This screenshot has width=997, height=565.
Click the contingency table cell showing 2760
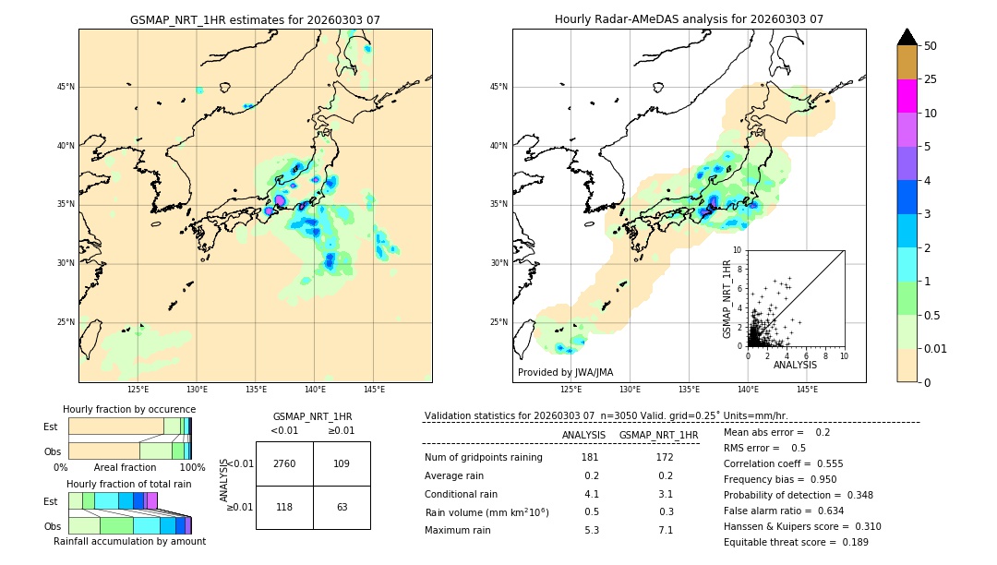284,463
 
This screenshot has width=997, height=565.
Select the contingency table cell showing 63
342,507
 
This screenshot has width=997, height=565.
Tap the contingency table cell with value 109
342,463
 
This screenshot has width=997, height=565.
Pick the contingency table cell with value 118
284,507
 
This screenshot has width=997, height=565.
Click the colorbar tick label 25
931,79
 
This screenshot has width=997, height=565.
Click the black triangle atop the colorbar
907,37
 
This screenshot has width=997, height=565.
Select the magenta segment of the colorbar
907,96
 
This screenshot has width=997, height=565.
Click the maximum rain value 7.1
665,530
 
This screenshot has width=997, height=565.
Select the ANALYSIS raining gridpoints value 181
590,458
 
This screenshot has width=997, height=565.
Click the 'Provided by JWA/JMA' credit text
565,373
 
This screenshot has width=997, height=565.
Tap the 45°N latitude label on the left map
66,87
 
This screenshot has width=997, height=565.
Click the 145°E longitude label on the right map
807,390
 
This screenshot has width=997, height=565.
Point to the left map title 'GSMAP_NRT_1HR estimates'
255,19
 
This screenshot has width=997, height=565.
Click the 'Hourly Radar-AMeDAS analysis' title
689,19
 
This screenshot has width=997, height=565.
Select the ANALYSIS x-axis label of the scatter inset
795,365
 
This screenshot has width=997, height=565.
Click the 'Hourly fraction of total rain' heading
128,485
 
